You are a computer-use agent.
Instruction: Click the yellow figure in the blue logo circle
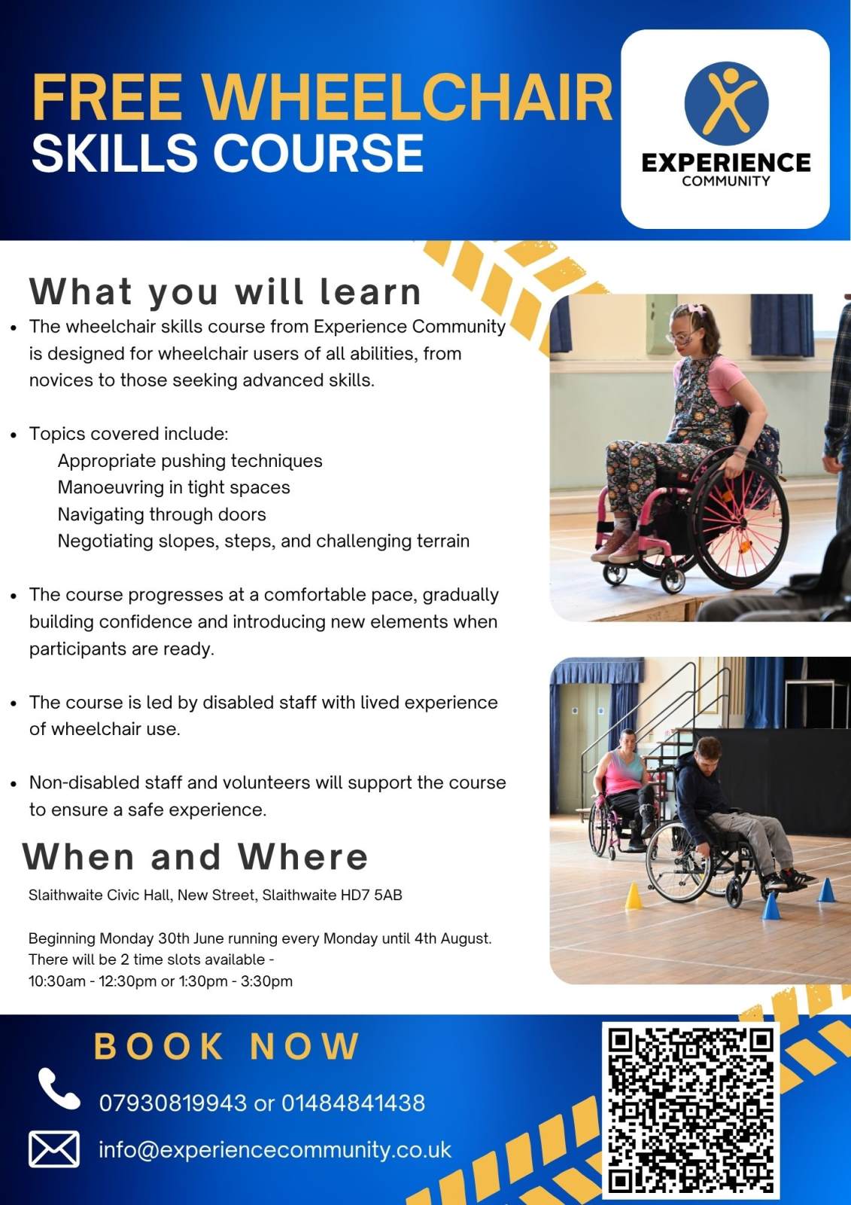coord(726,102)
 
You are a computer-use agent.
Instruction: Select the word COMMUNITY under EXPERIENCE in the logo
coord(726,181)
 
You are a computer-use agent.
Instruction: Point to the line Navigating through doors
coord(162,514)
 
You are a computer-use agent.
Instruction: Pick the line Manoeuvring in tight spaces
coord(174,487)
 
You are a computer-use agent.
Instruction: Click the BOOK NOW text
coord(226,1046)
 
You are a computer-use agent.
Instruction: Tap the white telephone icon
coord(59,1089)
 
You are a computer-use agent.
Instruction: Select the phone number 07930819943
coord(172,1103)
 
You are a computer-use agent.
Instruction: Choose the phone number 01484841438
coord(353,1103)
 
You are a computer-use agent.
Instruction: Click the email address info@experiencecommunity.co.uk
coord(275,1149)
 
